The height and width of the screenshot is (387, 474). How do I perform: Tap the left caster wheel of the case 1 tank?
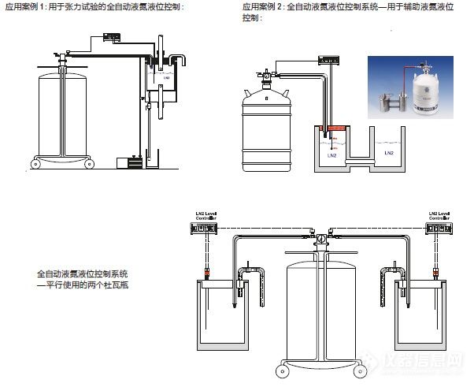pyautogui.click(x=35, y=164)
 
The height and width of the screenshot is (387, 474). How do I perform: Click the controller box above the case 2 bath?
pyautogui.click(x=328, y=61)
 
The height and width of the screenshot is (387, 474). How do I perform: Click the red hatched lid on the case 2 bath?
pyautogui.click(x=336, y=128)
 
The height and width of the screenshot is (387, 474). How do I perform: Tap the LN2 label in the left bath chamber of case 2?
pyautogui.click(x=331, y=155)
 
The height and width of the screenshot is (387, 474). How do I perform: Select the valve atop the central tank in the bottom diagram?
pyautogui.click(x=322, y=235)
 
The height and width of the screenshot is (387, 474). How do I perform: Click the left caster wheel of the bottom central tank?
pyautogui.click(x=280, y=369)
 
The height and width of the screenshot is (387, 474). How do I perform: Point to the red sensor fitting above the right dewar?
pyautogui.click(x=435, y=274)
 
